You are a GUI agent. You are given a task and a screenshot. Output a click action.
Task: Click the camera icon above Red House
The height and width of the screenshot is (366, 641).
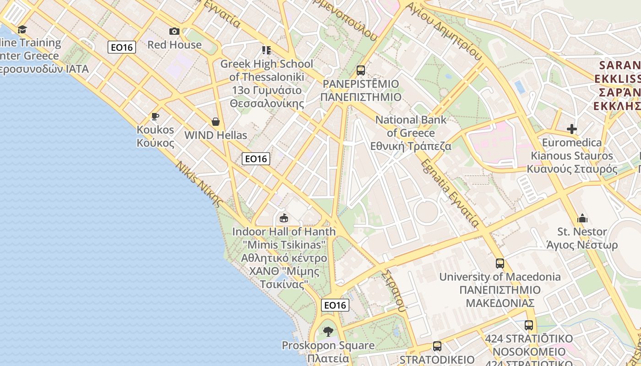pos(174,31)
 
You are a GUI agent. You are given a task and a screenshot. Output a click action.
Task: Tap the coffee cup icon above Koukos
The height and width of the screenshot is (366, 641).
pos(155,116)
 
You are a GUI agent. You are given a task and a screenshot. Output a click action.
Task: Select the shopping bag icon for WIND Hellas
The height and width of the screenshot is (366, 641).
pos(216,122)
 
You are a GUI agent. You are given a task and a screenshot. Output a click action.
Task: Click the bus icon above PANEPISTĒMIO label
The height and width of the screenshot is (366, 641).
pos(361,70)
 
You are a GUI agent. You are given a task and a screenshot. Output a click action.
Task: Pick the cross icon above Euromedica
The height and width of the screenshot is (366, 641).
pos(572,129)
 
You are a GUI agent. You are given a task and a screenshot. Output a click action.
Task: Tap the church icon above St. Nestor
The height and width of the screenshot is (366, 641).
pos(582,218)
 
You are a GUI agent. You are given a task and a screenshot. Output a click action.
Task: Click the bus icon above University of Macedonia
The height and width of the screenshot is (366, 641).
pos(500,264)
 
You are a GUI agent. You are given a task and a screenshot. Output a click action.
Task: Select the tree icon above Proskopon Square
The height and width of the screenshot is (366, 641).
pos(328,331)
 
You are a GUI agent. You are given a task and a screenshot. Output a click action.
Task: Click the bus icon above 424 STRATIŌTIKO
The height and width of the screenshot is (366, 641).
pos(529,325)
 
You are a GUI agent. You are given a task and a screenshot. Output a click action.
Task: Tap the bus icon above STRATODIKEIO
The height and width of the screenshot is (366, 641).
pos(437,346)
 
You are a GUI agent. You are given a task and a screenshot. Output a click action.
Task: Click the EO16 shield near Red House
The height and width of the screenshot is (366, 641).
pos(122,47)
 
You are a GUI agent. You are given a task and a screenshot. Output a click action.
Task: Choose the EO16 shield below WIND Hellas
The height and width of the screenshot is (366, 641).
pos(256,159)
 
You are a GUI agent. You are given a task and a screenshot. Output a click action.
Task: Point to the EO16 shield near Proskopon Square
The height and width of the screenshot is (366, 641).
pos(335,305)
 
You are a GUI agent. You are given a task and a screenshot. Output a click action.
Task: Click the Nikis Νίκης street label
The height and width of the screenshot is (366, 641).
pos(200,184)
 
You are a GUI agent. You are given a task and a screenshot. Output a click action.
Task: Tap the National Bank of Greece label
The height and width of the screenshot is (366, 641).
pos(411,133)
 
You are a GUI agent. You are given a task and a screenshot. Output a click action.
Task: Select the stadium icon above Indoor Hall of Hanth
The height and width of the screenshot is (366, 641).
pos(284,218)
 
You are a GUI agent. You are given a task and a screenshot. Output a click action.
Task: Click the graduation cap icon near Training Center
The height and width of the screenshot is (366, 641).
pos(22,30)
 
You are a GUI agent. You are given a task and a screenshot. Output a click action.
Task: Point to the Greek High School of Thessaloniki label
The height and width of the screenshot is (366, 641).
pos(266,83)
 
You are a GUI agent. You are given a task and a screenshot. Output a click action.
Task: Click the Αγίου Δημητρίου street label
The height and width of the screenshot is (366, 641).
pos(444,31)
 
